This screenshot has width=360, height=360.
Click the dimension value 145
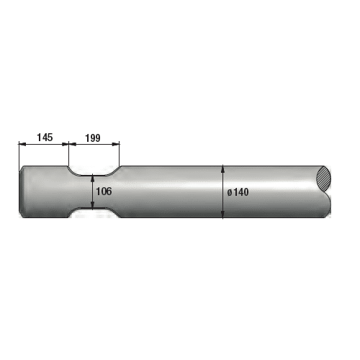(45, 138)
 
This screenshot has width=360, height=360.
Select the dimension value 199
(93, 138)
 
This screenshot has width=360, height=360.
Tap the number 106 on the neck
(104, 192)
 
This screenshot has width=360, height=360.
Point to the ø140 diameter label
(238, 192)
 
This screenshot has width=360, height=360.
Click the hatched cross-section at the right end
(324, 179)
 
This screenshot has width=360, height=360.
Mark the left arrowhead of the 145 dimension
(22, 144)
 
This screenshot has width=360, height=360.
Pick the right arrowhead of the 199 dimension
(116, 144)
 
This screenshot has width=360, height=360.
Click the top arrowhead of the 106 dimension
(92, 179)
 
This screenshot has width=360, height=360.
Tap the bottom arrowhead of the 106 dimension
(92, 204)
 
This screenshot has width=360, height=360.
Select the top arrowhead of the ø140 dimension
(223, 169)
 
